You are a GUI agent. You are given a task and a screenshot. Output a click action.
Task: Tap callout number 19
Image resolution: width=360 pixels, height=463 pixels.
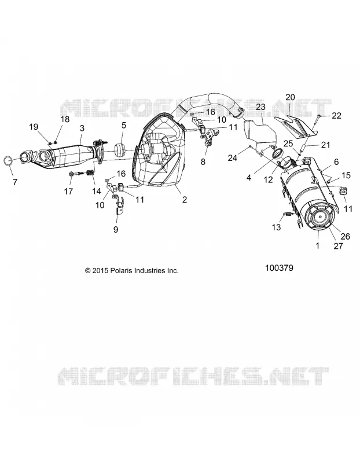[34, 127]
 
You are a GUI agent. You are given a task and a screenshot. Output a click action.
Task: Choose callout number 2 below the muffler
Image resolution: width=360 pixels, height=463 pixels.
[185, 200]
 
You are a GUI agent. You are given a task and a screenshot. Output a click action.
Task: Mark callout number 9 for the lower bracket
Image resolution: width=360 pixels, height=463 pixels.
[116, 229]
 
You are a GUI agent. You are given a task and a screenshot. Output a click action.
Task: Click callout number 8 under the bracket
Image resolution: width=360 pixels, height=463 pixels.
[203, 161]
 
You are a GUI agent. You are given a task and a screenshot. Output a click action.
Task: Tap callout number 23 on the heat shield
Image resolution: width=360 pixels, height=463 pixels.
[260, 106]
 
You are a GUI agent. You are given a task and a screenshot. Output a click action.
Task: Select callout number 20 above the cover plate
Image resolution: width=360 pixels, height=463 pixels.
[291, 97]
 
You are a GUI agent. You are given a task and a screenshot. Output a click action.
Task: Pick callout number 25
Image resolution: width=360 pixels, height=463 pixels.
[288, 144]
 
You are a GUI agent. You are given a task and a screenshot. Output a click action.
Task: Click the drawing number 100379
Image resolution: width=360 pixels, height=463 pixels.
[279, 268]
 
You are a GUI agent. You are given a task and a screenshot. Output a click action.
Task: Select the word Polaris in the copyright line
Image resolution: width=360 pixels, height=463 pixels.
[122, 270]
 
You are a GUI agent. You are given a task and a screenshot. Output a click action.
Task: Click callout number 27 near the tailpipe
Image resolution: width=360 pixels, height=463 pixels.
[338, 245]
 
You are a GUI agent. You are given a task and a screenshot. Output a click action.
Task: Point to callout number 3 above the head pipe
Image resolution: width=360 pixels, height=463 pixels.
[82, 128]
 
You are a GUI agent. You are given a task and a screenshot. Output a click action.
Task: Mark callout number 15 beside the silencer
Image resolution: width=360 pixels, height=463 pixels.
[346, 175]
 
